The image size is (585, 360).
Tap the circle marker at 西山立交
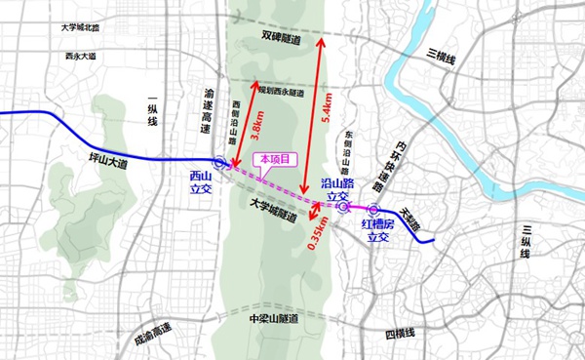tap(220, 164)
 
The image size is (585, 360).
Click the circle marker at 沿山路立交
tap(342, 207)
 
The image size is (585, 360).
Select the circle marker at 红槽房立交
tap(373, 209)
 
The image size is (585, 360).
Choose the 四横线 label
tap(400, 335)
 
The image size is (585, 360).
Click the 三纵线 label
tap(524, 240)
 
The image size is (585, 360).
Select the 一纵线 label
tap(150, 107)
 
